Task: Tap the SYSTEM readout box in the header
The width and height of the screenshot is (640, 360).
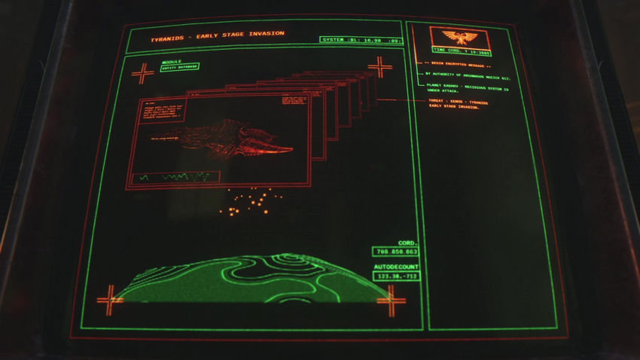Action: [x=360, y=39]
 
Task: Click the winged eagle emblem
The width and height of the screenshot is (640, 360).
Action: [x=459, y=37]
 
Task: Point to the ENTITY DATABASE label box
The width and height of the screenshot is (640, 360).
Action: [x=179, y=68]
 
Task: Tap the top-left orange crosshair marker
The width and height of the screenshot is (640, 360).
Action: [x=142, y=73]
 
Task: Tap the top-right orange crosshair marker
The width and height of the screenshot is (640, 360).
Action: [x=379, y=67]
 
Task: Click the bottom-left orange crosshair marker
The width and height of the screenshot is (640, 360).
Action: [x=109, y=299]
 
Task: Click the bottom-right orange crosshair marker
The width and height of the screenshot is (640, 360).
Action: [x=391, y=300]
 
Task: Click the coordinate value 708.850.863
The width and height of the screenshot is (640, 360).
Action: [x=395, y=252]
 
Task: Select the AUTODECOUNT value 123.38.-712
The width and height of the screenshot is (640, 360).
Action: [x=395, y=276]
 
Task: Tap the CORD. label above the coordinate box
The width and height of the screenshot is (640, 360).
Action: [x=407, y=243]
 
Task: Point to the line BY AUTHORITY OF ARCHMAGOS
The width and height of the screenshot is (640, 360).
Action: [x=468, y=76]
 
